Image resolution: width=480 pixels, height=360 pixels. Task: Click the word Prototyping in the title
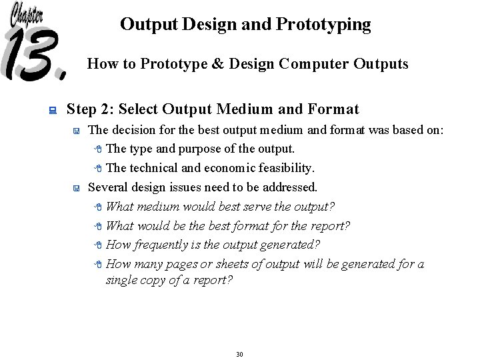click(x=328, y=25)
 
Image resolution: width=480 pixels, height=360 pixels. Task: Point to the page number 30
click(x=239, y=353)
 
